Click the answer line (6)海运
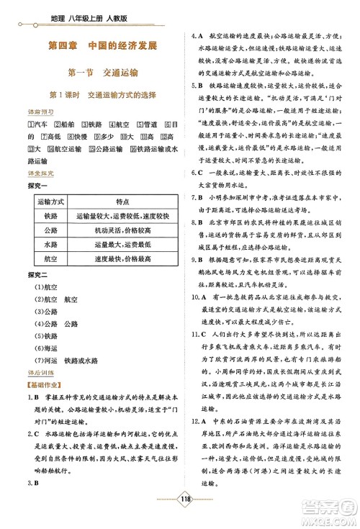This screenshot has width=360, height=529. (x=40, y=347)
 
